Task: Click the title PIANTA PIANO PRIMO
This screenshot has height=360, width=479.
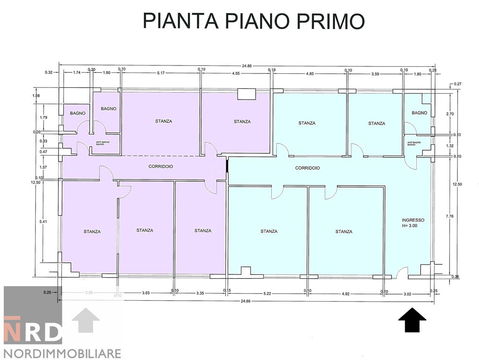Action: [x=253, y=21]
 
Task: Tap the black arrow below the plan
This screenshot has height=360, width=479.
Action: [x=412, y=320]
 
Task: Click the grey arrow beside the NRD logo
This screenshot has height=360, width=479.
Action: [x=86, y=320]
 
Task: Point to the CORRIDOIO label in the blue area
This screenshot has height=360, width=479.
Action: [x=307, y=168]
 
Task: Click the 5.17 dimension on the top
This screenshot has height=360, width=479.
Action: [x=161, y=73]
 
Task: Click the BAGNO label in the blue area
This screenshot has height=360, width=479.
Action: [x=420, y=113]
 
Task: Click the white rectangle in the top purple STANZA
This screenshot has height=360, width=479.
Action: [x=247, y=94]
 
